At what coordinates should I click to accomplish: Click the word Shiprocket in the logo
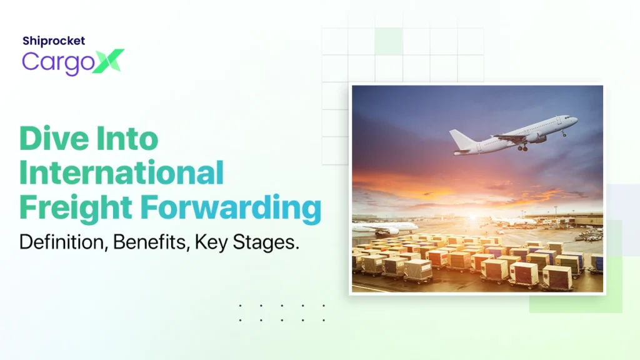[x=53, y=41]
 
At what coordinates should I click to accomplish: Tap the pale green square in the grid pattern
[x=388, y=41]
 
